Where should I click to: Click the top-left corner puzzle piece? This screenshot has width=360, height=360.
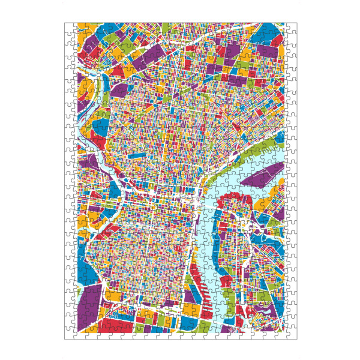[70, 29]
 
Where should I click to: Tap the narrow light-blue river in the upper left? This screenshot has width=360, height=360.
[103, 90]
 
